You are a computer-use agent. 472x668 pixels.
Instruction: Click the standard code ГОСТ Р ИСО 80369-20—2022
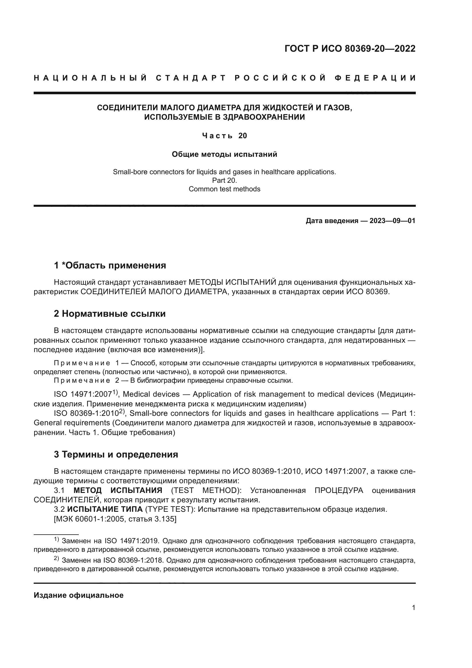350,49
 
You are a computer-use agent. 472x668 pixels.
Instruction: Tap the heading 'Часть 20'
224,136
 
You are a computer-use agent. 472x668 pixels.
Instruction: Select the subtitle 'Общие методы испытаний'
224,154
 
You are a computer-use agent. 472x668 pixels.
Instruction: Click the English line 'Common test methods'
224,189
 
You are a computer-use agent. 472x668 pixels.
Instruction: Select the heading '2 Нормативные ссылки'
110,314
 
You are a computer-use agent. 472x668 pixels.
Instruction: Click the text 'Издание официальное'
78,595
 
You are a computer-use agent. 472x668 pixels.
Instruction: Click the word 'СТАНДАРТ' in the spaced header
191,78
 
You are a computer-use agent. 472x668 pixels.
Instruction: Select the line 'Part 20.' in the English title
224,180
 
